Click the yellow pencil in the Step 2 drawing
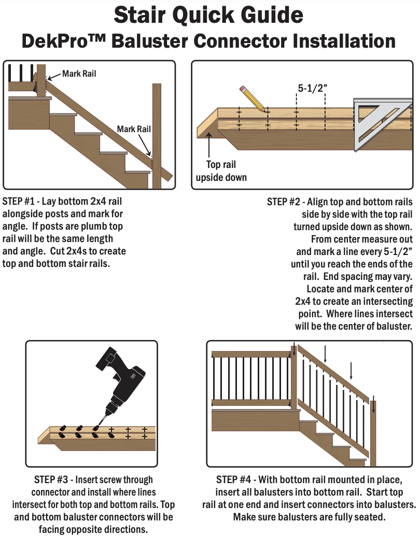tap(253, 99)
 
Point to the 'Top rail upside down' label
tap(221, 171)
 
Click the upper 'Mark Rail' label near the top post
tap(79, 74)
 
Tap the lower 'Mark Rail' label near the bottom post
tap(134, 129)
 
